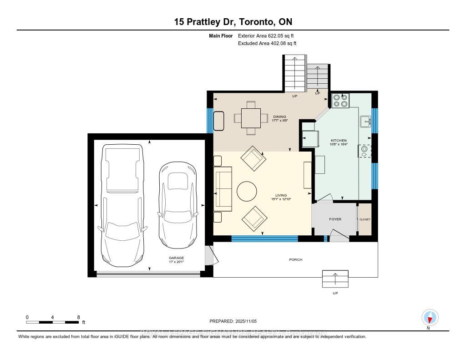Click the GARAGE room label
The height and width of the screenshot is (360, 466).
click(x=177, y=258)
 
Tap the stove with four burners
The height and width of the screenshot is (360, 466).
click(x=340, y=100)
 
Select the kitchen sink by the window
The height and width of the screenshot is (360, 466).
click(x=365, y=122)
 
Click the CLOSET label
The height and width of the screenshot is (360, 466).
click(x=365, y=219)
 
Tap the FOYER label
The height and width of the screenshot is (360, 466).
click(x=335, y=219)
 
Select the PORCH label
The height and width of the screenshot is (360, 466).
click(x=295, y=260)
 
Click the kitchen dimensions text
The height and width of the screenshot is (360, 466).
click(x=339, y=145)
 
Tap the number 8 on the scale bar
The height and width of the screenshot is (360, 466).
click(x=79, y=317)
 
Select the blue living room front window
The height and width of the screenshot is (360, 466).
click(x=264, y=238)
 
